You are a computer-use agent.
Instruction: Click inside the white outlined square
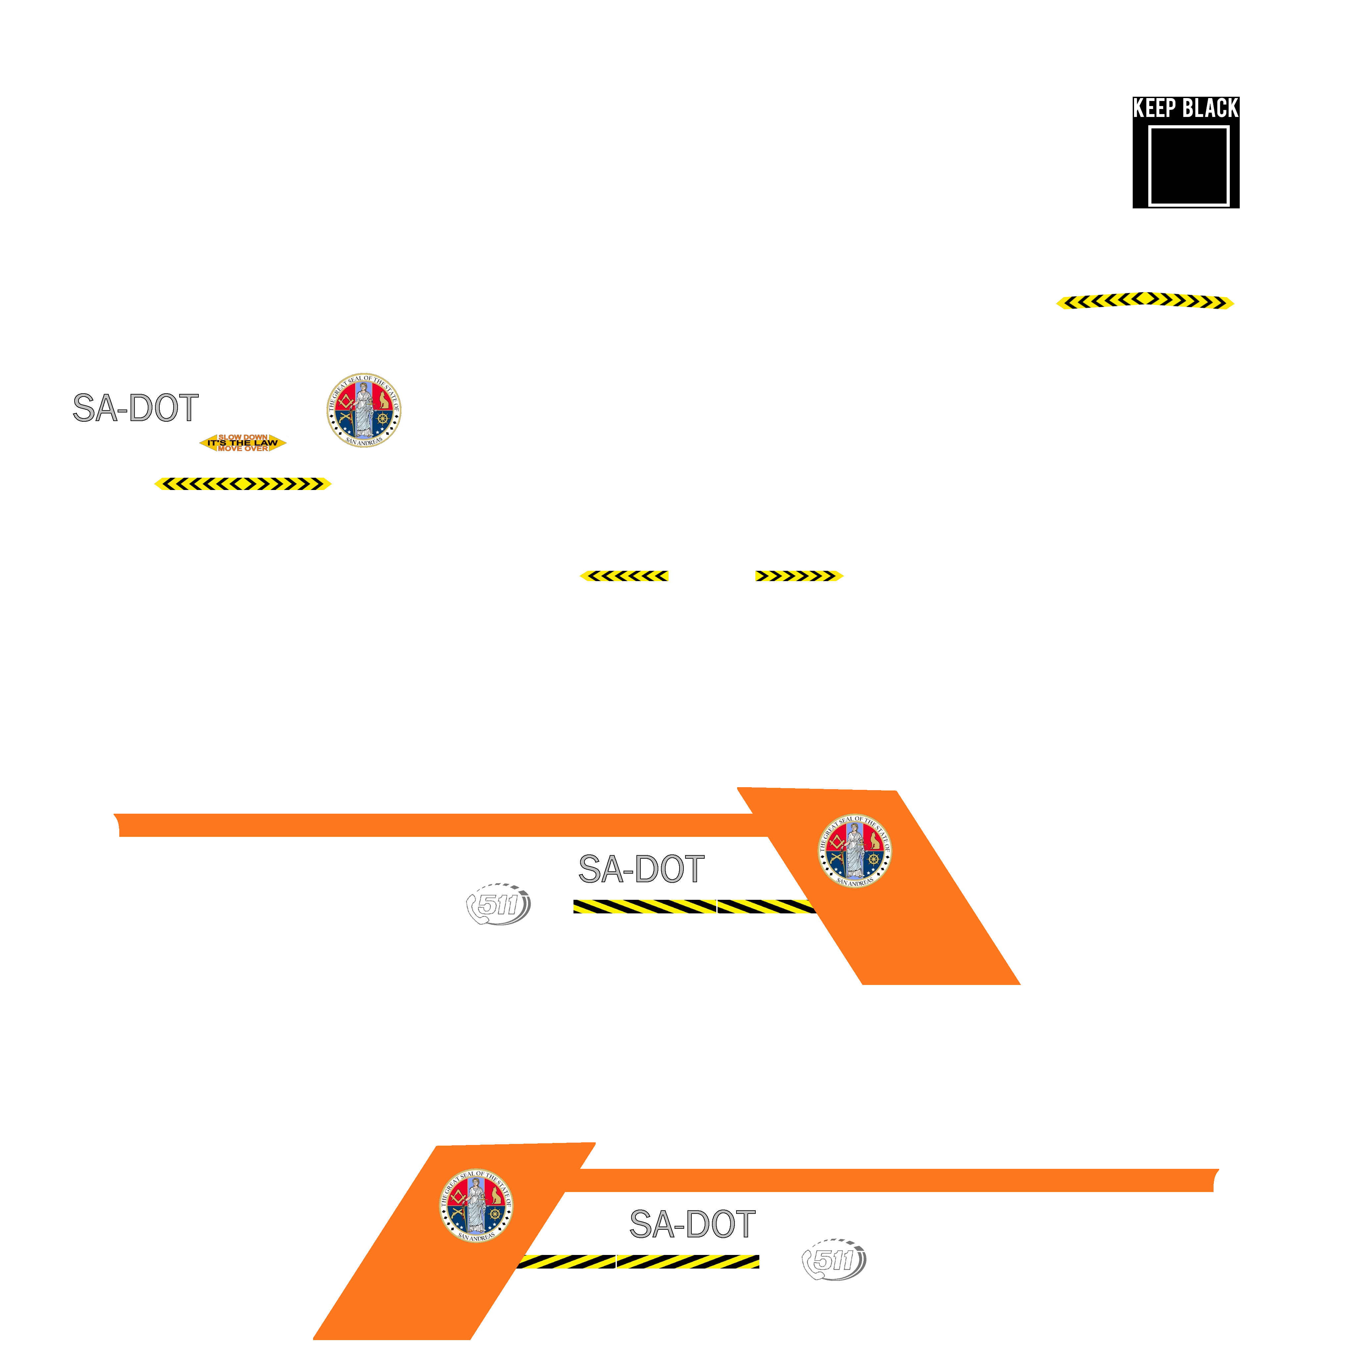coord(1188,166)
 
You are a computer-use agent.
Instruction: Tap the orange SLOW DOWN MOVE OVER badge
coord(243,443)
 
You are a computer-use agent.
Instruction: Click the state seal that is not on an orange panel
coord(364,409)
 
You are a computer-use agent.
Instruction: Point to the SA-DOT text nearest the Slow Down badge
coord(136,408)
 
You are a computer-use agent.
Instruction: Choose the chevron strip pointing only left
coord(624,576)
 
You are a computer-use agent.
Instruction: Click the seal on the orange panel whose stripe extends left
coord(855,850)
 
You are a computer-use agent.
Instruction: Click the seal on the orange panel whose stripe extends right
coord(476,1205)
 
